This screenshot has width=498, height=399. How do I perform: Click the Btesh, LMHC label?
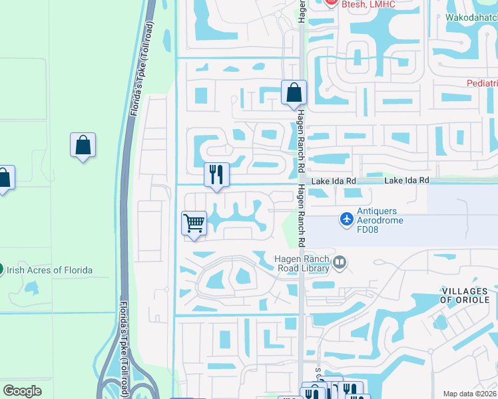tap(368, 5)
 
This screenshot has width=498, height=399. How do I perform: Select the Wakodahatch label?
tap(470, 18)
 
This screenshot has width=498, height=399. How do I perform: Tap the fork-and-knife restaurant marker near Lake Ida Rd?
tap(216, 175)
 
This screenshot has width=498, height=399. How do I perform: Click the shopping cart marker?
tap(194, 223)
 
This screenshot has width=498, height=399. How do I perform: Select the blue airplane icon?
tap(346, 217)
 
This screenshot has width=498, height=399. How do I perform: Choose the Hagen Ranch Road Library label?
tap(303, 263)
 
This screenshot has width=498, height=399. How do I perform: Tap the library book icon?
tap(340, 263)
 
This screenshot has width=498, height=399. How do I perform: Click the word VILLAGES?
tap(465, 291)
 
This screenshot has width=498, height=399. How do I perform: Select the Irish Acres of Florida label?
tap(50, 270)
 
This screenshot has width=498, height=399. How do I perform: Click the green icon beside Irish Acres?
tap(2, 270)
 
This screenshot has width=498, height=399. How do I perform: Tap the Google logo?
tap(22, 390)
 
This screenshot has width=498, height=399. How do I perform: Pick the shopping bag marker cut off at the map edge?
tap(4, 178)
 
